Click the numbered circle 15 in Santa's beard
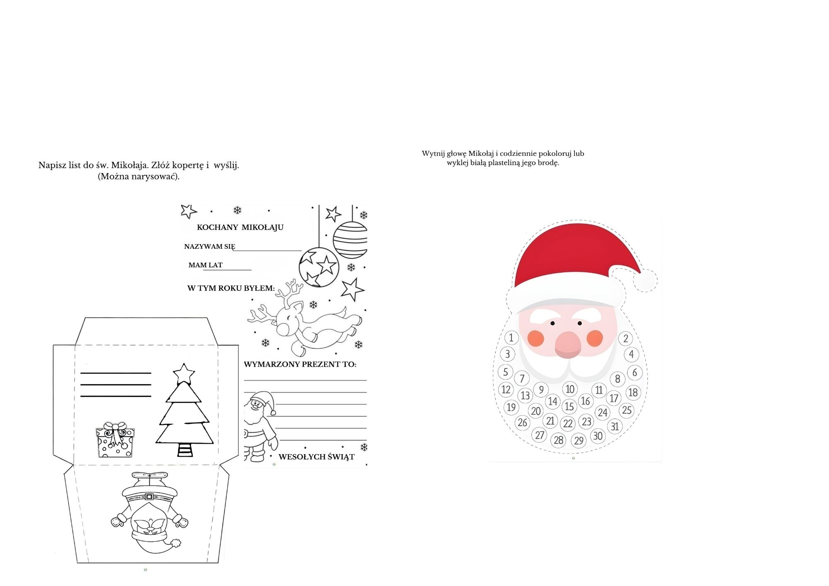[570, 407]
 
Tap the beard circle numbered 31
[615, 426]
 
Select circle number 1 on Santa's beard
[511, 337]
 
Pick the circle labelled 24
[603, 412]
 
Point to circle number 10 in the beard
[570, 389]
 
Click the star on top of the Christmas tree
[184, 374]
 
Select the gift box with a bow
[115, 440]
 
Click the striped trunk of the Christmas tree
[185, 450]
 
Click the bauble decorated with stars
[319, 267]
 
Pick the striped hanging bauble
[351, 240]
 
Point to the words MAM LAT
[206, 265]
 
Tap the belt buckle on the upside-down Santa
[149, 496]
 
